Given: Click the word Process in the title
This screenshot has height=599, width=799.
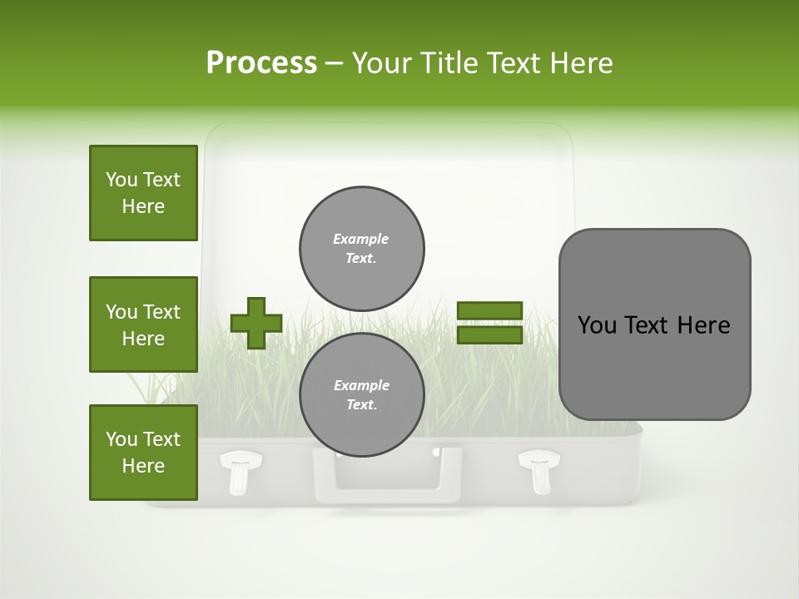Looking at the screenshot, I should click(261, 63).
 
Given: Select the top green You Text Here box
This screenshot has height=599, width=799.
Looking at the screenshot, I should click(143, 193).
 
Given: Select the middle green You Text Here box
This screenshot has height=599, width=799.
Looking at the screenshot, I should click(143, 324).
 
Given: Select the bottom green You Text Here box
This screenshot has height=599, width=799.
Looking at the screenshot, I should click(143, 453).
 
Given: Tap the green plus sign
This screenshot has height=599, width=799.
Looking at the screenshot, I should click(256, 323).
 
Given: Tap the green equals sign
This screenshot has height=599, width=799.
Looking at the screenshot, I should click(490, 323).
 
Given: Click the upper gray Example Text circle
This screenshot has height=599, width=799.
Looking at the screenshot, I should click(362, 248).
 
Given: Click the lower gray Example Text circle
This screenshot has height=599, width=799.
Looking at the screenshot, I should click(362, 394).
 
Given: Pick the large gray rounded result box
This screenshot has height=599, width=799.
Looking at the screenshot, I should click(654, 324).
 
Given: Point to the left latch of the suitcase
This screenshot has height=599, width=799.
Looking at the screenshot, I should click(240, 470).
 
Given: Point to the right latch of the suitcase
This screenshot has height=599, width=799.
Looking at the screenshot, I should click(539, 470).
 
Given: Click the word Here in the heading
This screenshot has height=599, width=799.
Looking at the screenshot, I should click(583, 63).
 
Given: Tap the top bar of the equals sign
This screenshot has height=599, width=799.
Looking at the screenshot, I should click(490, 311).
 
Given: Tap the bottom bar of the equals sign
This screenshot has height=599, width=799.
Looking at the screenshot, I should click(490, 334).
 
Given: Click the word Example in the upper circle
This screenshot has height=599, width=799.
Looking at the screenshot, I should click(361, 239).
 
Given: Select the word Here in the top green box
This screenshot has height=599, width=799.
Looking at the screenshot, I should click(143, 206).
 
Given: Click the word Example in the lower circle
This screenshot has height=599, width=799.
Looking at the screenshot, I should click(361, 385).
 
